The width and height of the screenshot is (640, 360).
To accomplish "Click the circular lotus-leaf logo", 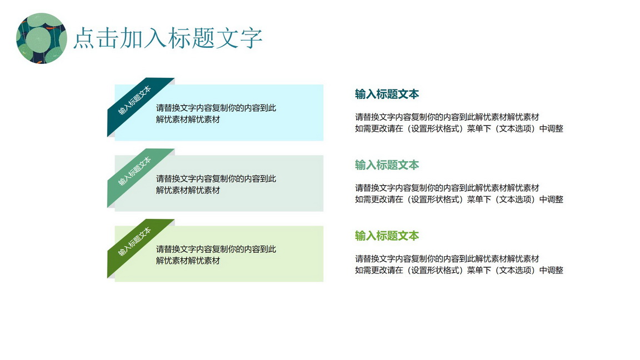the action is pos(41,38).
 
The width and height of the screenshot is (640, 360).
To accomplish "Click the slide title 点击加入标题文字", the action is pos(168,38).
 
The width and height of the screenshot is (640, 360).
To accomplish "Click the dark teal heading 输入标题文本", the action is pos(387,94).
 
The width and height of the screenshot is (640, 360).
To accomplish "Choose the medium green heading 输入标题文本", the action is pos(387,165).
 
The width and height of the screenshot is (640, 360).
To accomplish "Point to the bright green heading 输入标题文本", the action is pos(387,236).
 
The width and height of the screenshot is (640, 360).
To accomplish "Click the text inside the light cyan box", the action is pos(216,113).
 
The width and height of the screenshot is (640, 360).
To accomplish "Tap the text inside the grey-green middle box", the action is pos(216,184).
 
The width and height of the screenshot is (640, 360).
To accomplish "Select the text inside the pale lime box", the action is pos(216,254).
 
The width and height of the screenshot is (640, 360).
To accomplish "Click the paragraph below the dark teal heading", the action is pos(459,123).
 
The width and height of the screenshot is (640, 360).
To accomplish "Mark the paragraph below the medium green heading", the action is pos(459,193).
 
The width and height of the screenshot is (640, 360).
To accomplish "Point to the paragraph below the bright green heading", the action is pos(459,264).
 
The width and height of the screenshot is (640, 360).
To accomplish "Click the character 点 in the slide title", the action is pos(84,38).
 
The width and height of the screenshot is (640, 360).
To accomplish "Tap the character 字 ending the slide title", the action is pos(251,38).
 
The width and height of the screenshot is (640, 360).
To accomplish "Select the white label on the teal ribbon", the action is pos(134,101).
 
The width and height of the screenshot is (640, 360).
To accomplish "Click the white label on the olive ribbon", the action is pos(134,242).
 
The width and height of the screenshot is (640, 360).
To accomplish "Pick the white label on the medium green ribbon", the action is pos(134,171).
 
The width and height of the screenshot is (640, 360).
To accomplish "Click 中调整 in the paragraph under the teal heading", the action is pos(551,128).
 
